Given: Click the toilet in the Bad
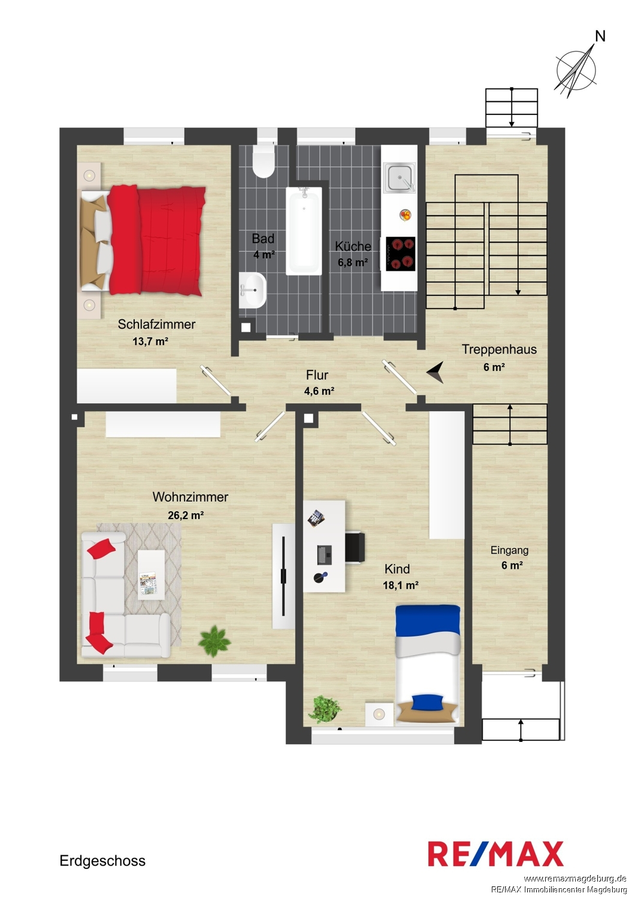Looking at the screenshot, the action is (x=264, y=161).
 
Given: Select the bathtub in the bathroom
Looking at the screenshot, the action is (x=304, y=231).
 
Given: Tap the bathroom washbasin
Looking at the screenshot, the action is (x=253, y=289).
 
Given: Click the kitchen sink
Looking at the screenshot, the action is (x=399, y=177).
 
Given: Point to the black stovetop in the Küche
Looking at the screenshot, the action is (x=400, y=254).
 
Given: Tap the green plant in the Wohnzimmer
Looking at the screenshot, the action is (x=214, y=641).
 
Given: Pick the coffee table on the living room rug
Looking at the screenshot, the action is (x=151, y=575).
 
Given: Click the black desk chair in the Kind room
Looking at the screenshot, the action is (x=355, y=547).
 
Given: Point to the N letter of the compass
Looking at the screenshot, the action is (x=600, y=37).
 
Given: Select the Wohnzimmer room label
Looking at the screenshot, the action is (x=190, y=497).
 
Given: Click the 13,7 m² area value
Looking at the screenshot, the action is (x=150, y=342).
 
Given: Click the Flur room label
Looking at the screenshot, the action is (x=317, y=375).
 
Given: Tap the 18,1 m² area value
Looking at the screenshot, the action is (x=401, y=585).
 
